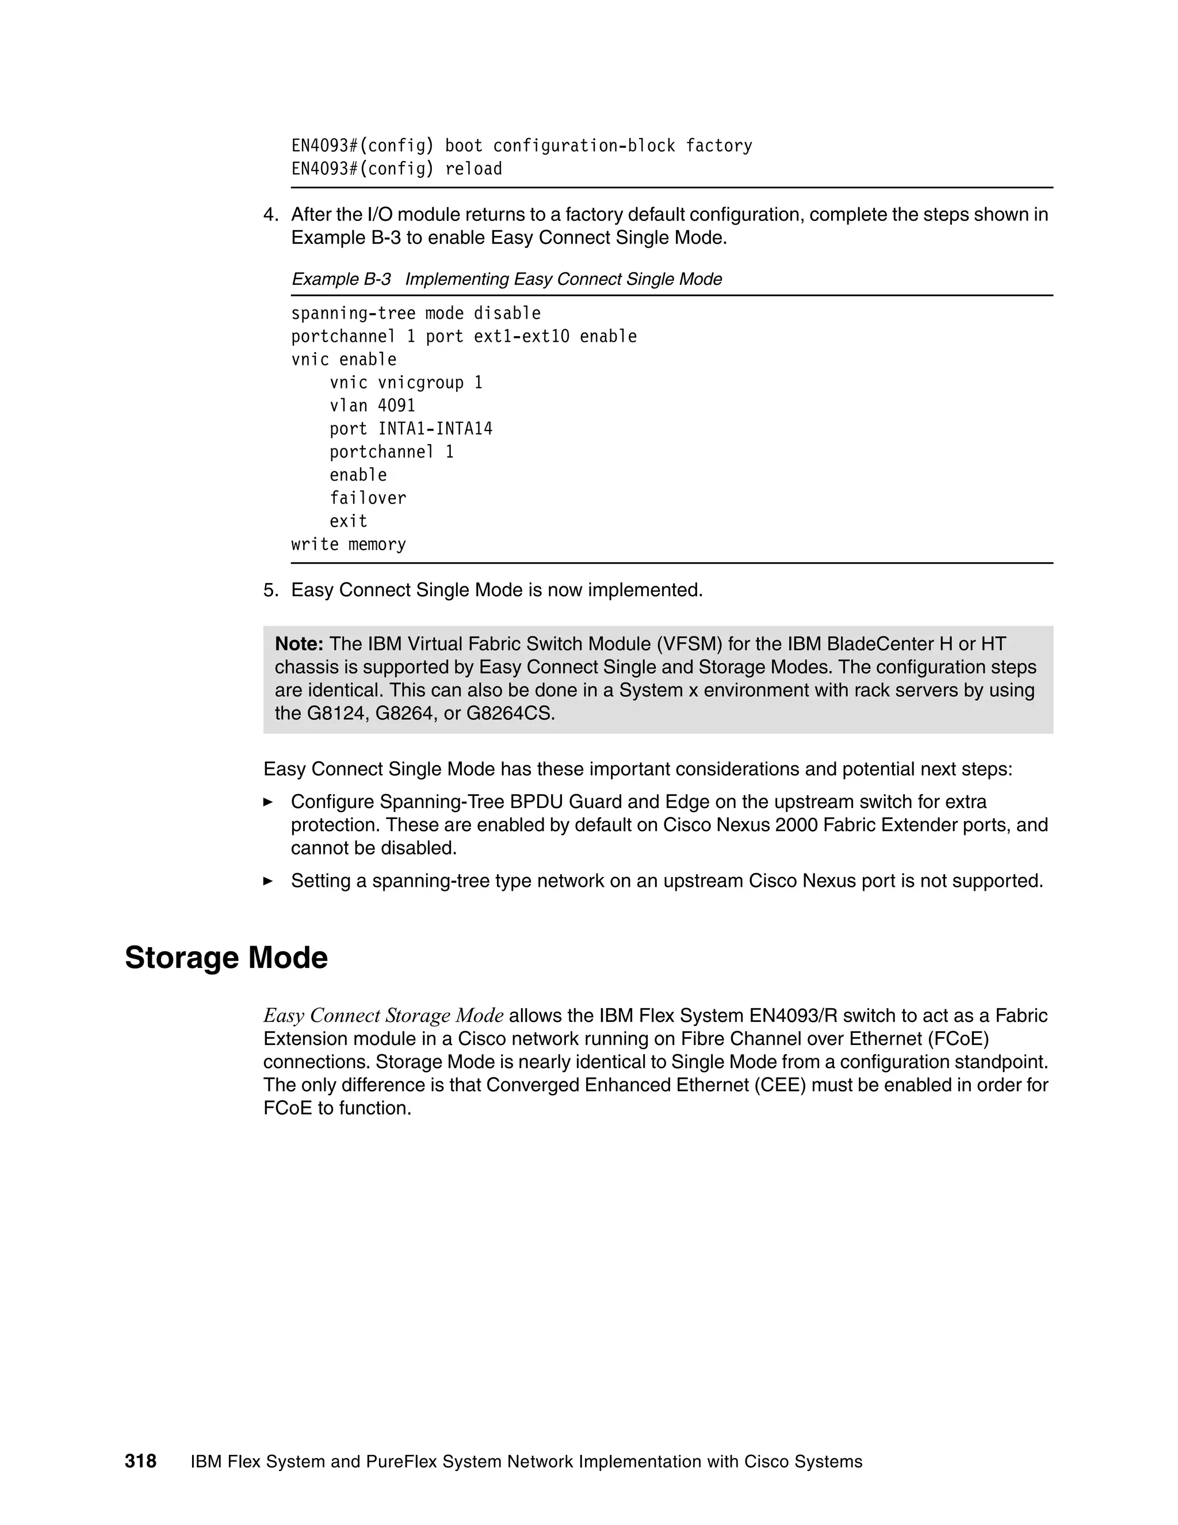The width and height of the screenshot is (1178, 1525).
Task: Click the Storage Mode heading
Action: [x=226, y=958]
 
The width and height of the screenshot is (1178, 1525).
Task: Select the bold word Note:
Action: [x=299, y=644]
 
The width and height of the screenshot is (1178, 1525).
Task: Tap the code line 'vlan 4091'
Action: [x=372, y=406]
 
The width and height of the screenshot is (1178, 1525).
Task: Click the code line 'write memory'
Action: [x=348, y=544]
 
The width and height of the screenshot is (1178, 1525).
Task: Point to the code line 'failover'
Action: [x=368, y=498]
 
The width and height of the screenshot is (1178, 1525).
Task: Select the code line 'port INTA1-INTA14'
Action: [x=411, y=429]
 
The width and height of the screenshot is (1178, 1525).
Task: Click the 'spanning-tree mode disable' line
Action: [x=416, y=314]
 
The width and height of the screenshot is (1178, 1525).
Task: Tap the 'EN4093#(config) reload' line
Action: [x=396, y=169]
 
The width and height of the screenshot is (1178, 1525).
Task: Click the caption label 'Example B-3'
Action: [x=341, y=279]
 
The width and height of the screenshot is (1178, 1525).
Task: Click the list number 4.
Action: [x=271, y=215]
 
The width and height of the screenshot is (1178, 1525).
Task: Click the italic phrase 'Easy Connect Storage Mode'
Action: [x=383, y=1015]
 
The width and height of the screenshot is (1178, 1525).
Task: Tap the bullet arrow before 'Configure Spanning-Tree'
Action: [x=268, y=802]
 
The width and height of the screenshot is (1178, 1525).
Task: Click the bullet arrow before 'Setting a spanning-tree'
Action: [x=268, y=880]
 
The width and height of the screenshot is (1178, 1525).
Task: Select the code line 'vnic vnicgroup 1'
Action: [x=406, y=383]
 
